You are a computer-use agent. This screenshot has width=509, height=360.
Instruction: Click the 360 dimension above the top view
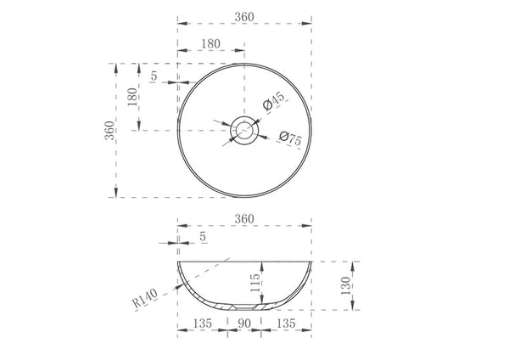244,17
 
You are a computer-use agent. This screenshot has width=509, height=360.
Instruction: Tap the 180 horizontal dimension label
210,43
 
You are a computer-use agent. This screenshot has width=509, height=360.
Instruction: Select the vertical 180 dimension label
132,97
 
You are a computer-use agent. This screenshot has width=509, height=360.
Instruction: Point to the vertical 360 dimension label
109,130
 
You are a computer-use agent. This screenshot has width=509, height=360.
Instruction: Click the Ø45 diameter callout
274,101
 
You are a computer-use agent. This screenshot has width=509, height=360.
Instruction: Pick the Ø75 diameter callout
290,138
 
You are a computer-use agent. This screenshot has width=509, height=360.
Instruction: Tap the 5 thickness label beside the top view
154,76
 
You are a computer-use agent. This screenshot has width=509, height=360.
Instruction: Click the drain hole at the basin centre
244,130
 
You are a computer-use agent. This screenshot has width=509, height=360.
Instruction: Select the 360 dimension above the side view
244,219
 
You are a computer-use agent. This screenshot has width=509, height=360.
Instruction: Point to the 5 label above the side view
203,237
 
